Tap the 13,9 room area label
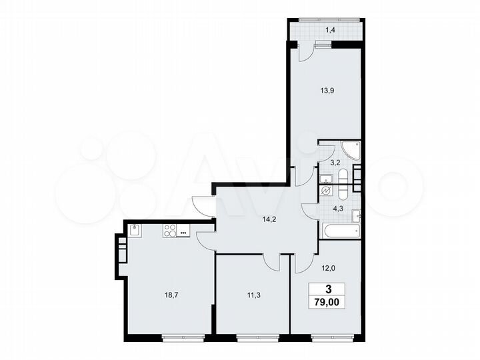point(327,91)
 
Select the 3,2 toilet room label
point(335,163)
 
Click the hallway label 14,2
point(269,219)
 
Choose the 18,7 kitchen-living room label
point(171,295)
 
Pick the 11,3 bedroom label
point(254,295)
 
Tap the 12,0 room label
point(328,268)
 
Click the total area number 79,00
point(327,303)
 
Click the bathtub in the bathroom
point(341,231)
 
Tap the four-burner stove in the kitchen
point(170,231)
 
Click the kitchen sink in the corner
point(135,230)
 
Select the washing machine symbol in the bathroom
point(325,191)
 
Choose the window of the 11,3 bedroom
point(258,337)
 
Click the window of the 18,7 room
point(183,337)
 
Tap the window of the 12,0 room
point(333,337)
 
